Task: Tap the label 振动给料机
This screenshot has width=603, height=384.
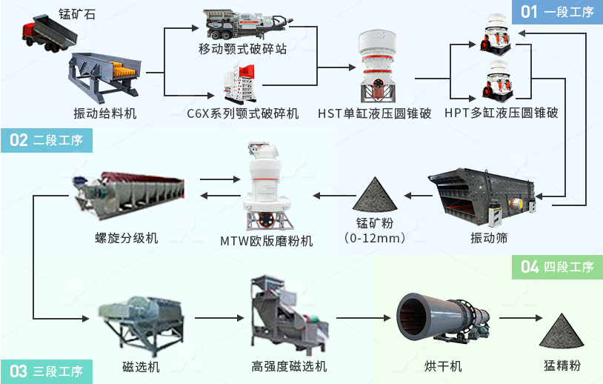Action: [105, 113]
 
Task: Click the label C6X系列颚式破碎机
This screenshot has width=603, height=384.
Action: [243, 113]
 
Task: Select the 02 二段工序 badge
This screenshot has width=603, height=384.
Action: [46, 139]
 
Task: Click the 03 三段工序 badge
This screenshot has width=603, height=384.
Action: [46, 371]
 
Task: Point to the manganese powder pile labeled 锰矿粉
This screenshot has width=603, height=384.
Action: [376, 193]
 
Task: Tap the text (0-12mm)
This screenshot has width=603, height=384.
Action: [376, 238]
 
